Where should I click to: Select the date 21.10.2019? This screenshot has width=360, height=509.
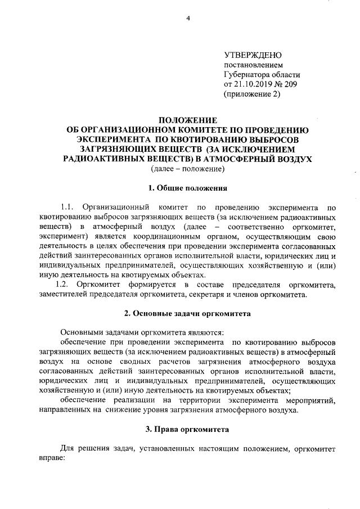click(254, 84)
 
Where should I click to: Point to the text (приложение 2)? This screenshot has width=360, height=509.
click(251, 94)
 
